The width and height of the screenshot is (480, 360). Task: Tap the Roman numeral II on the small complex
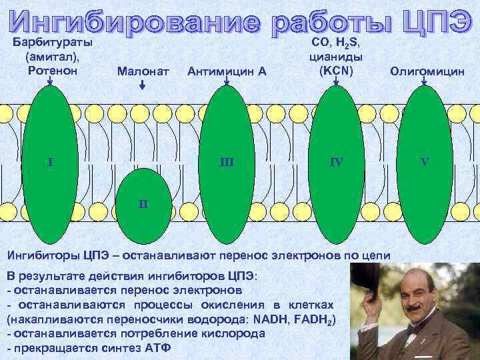(x=143, y=203)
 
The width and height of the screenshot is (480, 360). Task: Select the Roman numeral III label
(x=228, y=161)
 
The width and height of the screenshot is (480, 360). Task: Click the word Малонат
(x=143, y=71)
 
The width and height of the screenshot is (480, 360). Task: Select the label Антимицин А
(x=227, y=71)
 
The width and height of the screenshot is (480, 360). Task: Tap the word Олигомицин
(x=427, y=71)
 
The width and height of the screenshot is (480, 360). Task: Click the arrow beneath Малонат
(x=142, y=85)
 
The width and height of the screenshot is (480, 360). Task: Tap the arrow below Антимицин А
(x=227, y=82)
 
